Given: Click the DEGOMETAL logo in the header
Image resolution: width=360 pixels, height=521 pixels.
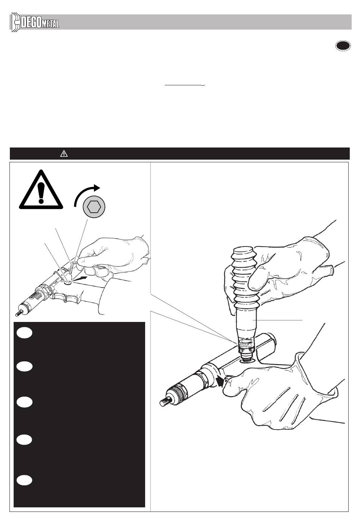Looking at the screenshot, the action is tap(35, 22).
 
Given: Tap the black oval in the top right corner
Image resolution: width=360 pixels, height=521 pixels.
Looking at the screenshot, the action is tap(343, 46).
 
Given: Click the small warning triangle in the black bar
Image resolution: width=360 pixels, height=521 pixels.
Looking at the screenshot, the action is tap(64, 154).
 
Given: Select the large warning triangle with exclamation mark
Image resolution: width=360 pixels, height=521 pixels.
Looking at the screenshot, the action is tap(41, 190).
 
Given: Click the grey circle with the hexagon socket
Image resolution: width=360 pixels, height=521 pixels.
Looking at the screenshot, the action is tap(94, 207).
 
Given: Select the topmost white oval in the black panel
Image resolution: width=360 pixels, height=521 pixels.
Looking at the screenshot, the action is tap(24, 333).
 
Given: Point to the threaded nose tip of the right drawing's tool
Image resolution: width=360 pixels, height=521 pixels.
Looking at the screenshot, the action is tap(166, 402).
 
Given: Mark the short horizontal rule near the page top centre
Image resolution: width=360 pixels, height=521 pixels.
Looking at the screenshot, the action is tap(185, 85).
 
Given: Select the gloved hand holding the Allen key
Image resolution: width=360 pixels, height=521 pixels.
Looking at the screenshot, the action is tap(111, 255).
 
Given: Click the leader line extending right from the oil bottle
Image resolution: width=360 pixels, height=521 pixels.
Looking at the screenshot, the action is tap(277, 320).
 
